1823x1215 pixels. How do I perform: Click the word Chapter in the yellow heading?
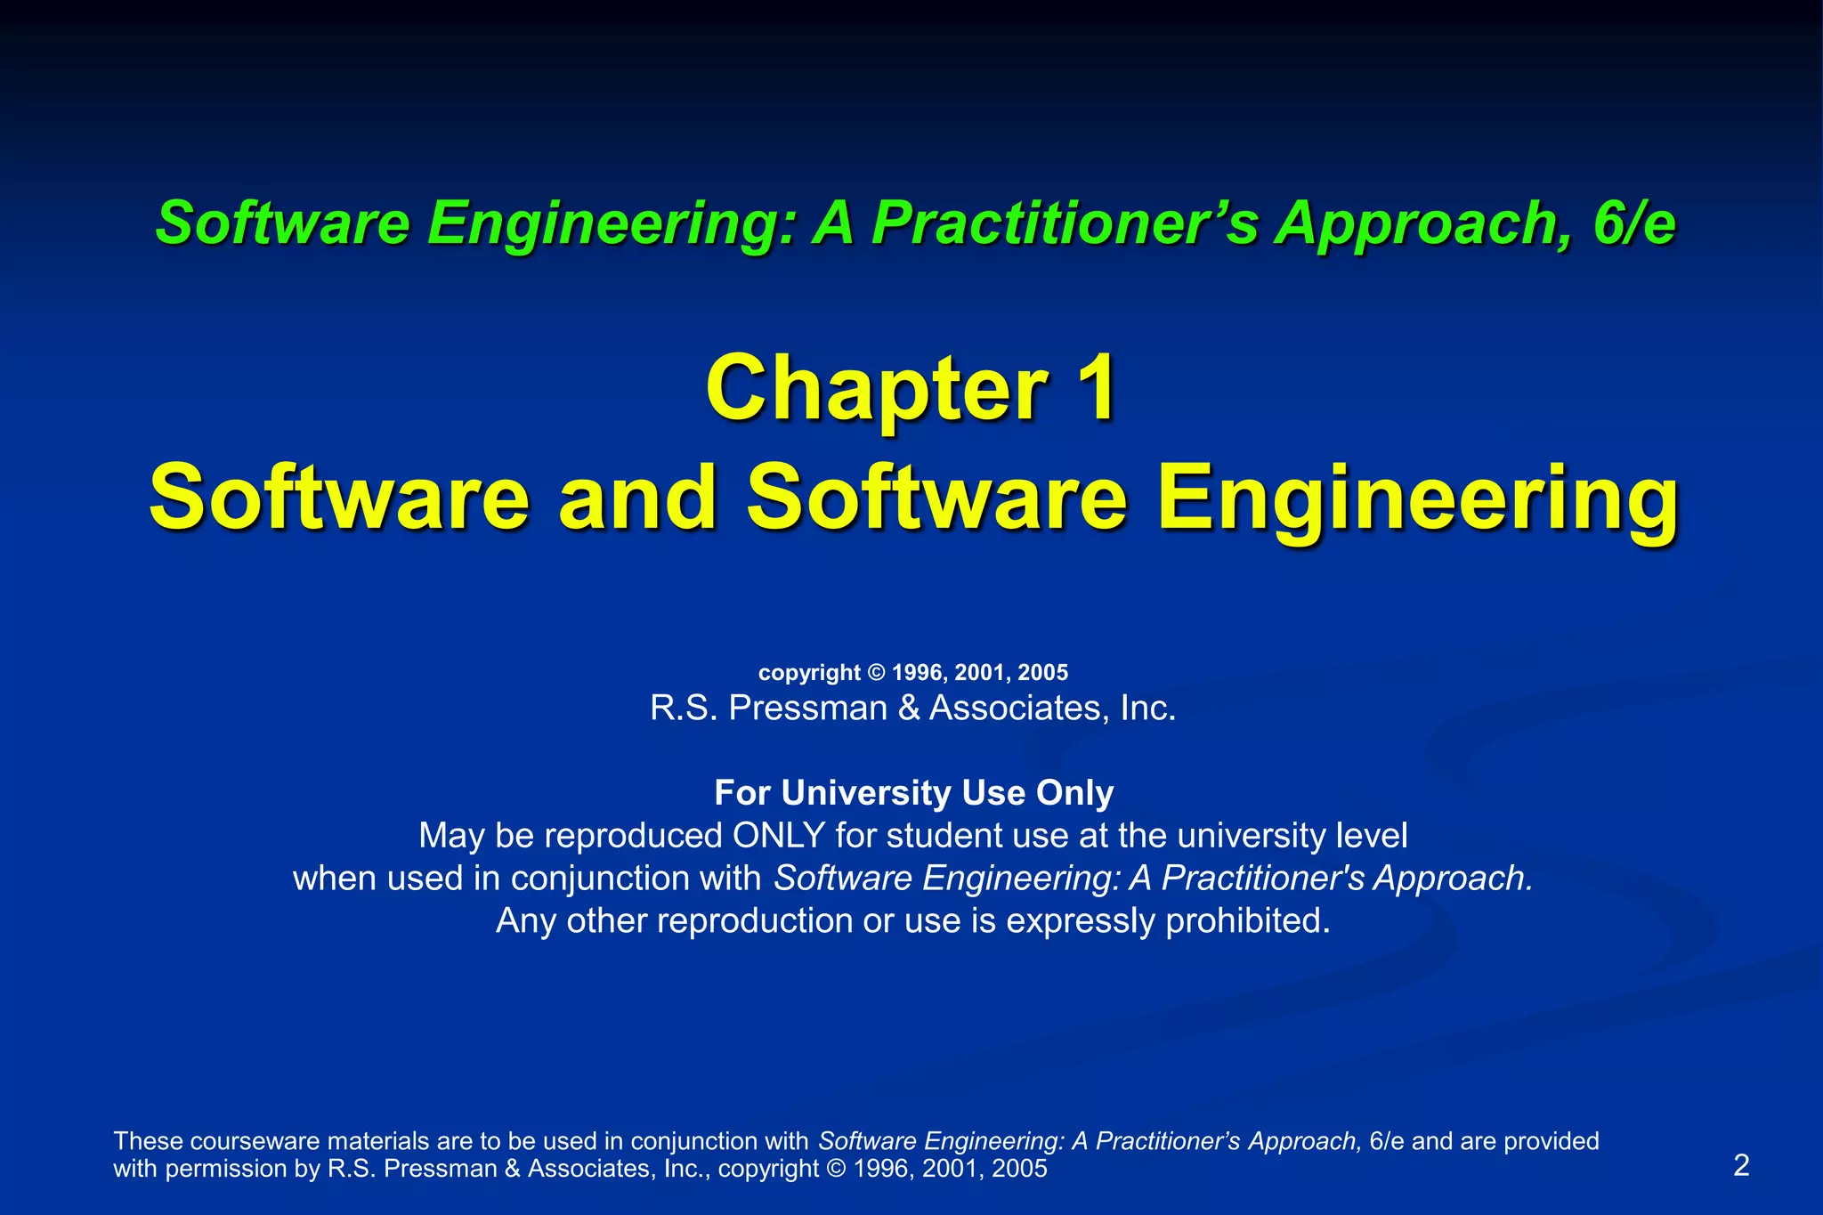point(876,389)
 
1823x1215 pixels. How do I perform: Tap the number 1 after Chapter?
point(1094,389)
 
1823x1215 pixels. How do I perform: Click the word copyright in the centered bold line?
point(809,673)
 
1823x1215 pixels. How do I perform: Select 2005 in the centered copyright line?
point(1043,673)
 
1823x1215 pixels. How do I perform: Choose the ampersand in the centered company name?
point(909,709)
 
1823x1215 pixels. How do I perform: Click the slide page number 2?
point(1742,1165)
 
